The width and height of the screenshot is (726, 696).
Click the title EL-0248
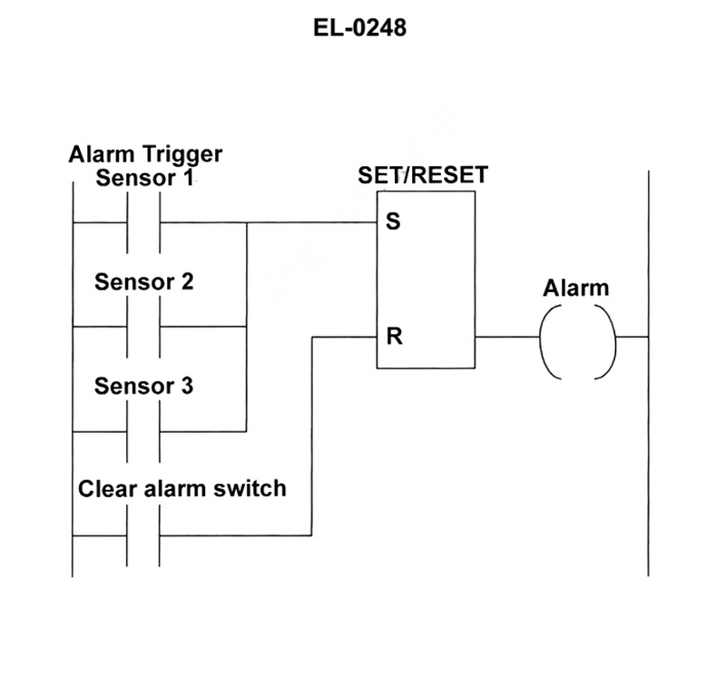(x=360, y=28)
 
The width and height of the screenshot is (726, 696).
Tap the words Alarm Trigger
(x=145, y=154)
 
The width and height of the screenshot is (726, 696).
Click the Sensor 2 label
(x=144, y=281)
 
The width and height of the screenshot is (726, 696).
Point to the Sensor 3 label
(x=144, y=387)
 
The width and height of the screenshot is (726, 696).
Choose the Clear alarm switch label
(x=181, y=489)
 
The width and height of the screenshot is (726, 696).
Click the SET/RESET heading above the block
(x=423, y=174)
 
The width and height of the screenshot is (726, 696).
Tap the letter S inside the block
(x=392, y=222)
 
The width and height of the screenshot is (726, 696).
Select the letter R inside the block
(x=393, y=337)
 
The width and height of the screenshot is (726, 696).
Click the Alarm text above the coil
(x=576, y=289)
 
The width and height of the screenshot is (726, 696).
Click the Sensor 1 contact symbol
(x=143, y=222)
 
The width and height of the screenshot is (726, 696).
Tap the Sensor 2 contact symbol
(x=143, y=327)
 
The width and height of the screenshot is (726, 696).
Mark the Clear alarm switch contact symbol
(x=143, y=535)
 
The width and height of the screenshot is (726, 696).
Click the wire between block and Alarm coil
(x=506, y=337)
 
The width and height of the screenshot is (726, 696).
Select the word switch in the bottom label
(x=256, y=489)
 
